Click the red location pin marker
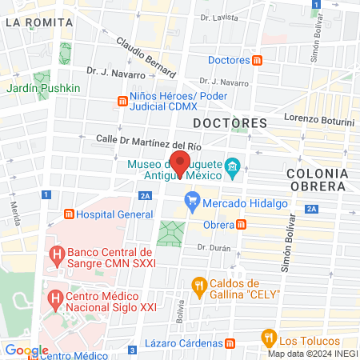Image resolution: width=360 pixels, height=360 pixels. click(181, 163)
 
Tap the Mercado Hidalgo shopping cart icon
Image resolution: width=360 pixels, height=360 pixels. click(191, 200)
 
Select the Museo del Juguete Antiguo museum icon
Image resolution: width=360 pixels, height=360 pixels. click(232, 166)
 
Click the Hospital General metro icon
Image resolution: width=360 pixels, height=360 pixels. click(70, 214)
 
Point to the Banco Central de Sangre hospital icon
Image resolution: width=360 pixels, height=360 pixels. click(57, 255)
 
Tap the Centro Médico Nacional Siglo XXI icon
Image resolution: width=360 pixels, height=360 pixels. click(56, 301)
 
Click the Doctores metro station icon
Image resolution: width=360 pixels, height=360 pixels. click(258, 60)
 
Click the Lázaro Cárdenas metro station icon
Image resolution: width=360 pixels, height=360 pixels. click(230, 343)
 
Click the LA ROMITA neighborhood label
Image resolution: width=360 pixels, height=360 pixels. click(30, 22)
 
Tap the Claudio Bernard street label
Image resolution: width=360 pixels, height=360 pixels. click(143, 55)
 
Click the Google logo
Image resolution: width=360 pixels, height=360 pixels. click(26, 350)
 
